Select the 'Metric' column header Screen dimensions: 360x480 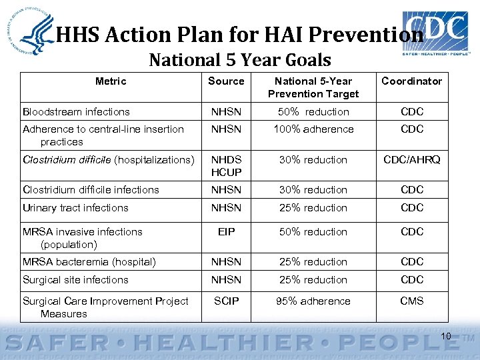point(111,81)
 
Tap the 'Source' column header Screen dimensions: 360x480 point(226,81)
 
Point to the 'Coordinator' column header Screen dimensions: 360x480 point(411,81)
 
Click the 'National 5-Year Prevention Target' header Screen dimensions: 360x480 point(313,87)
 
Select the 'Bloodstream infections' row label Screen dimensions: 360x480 point(76,112)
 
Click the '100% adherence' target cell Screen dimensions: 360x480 point(313,129)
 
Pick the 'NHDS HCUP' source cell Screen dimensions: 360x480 point(226,166)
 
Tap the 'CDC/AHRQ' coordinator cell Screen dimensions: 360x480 point(411,160)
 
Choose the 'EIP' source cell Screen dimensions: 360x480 point(226,232)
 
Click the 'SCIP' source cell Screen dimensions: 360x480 point(226,301)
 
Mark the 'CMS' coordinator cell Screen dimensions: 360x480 point(411,301)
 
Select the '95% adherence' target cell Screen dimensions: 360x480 point(313,301)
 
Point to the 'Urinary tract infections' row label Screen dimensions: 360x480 point(75,208)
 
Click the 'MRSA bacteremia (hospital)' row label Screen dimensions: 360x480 point(89,263)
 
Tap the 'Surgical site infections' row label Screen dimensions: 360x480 point(75,280)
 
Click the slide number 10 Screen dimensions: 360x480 point(446,336)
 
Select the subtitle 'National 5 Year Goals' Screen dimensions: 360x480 point(240,61)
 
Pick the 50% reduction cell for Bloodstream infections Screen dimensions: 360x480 point(313,112)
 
